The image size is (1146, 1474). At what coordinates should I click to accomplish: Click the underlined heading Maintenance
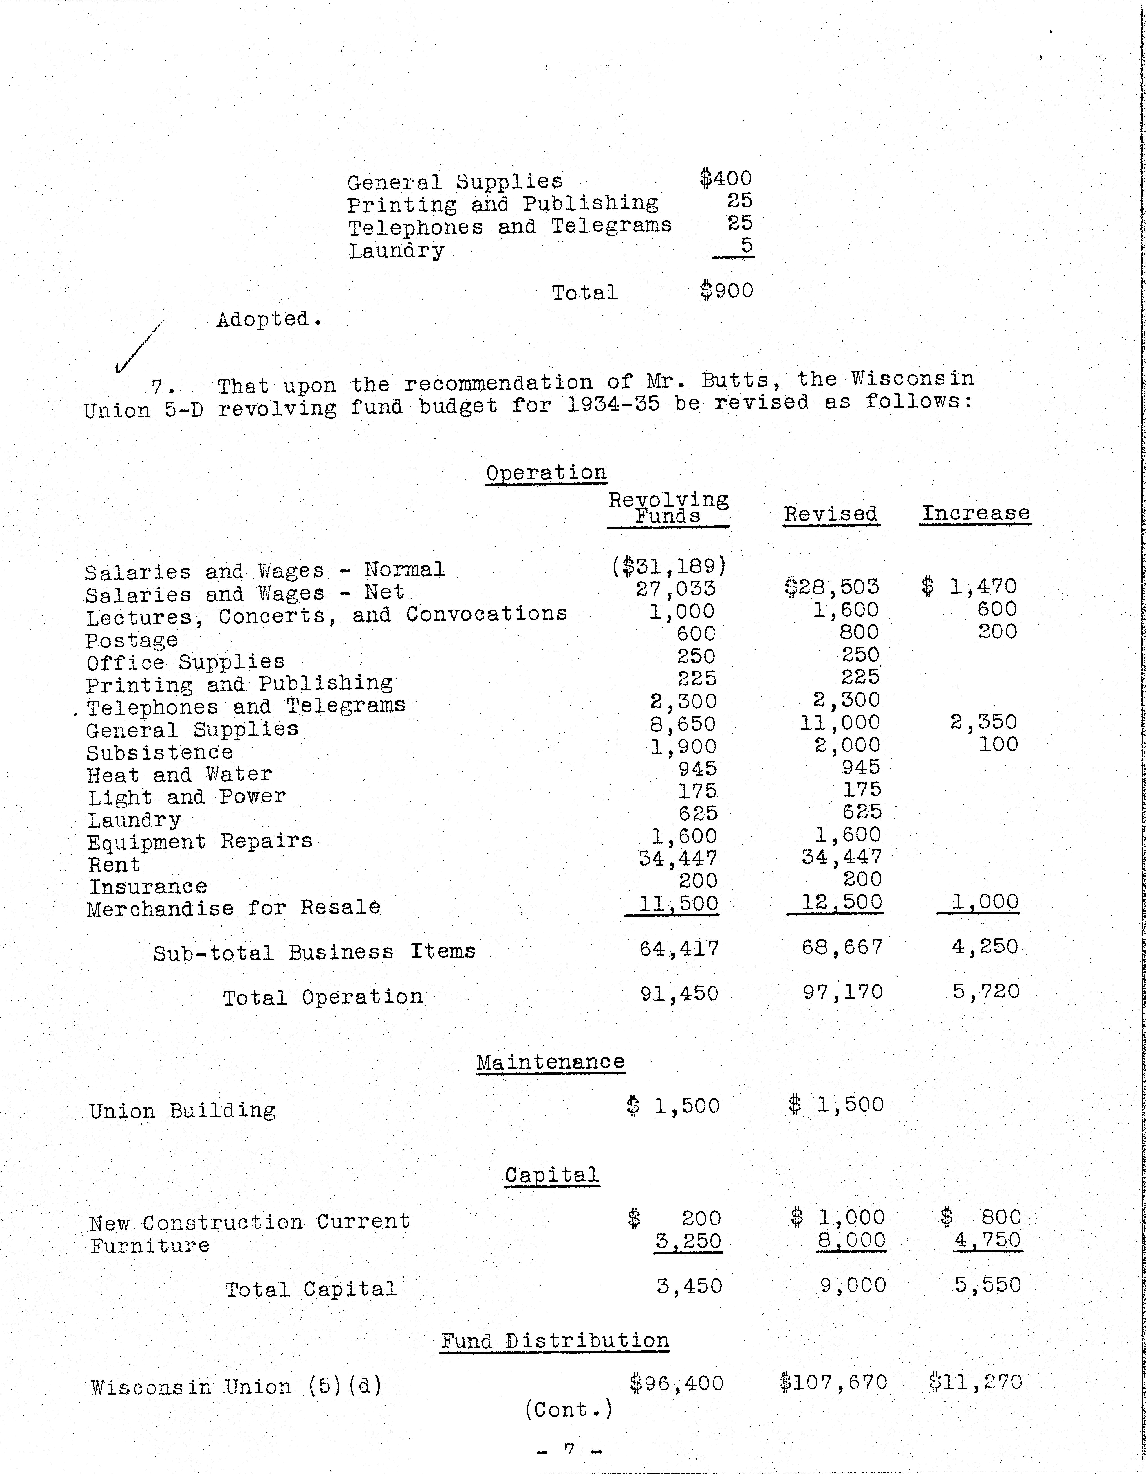(x=550, y=1062)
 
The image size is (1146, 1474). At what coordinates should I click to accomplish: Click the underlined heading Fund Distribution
(x=554, y=1340)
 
